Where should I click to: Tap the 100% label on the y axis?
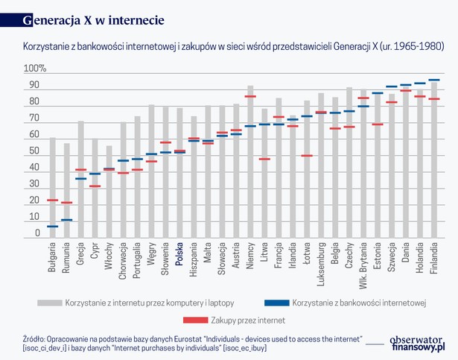point(35,69)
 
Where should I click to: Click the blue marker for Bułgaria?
point(52,226)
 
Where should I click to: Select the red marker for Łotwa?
point(307,156)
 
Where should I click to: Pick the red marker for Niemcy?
point(250,96)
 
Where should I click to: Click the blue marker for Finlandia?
point(434,80)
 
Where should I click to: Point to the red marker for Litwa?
point(264,159)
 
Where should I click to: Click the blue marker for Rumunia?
point(66,220)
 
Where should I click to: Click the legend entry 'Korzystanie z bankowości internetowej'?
point(358,303)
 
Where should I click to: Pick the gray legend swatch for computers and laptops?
point(48,303)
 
